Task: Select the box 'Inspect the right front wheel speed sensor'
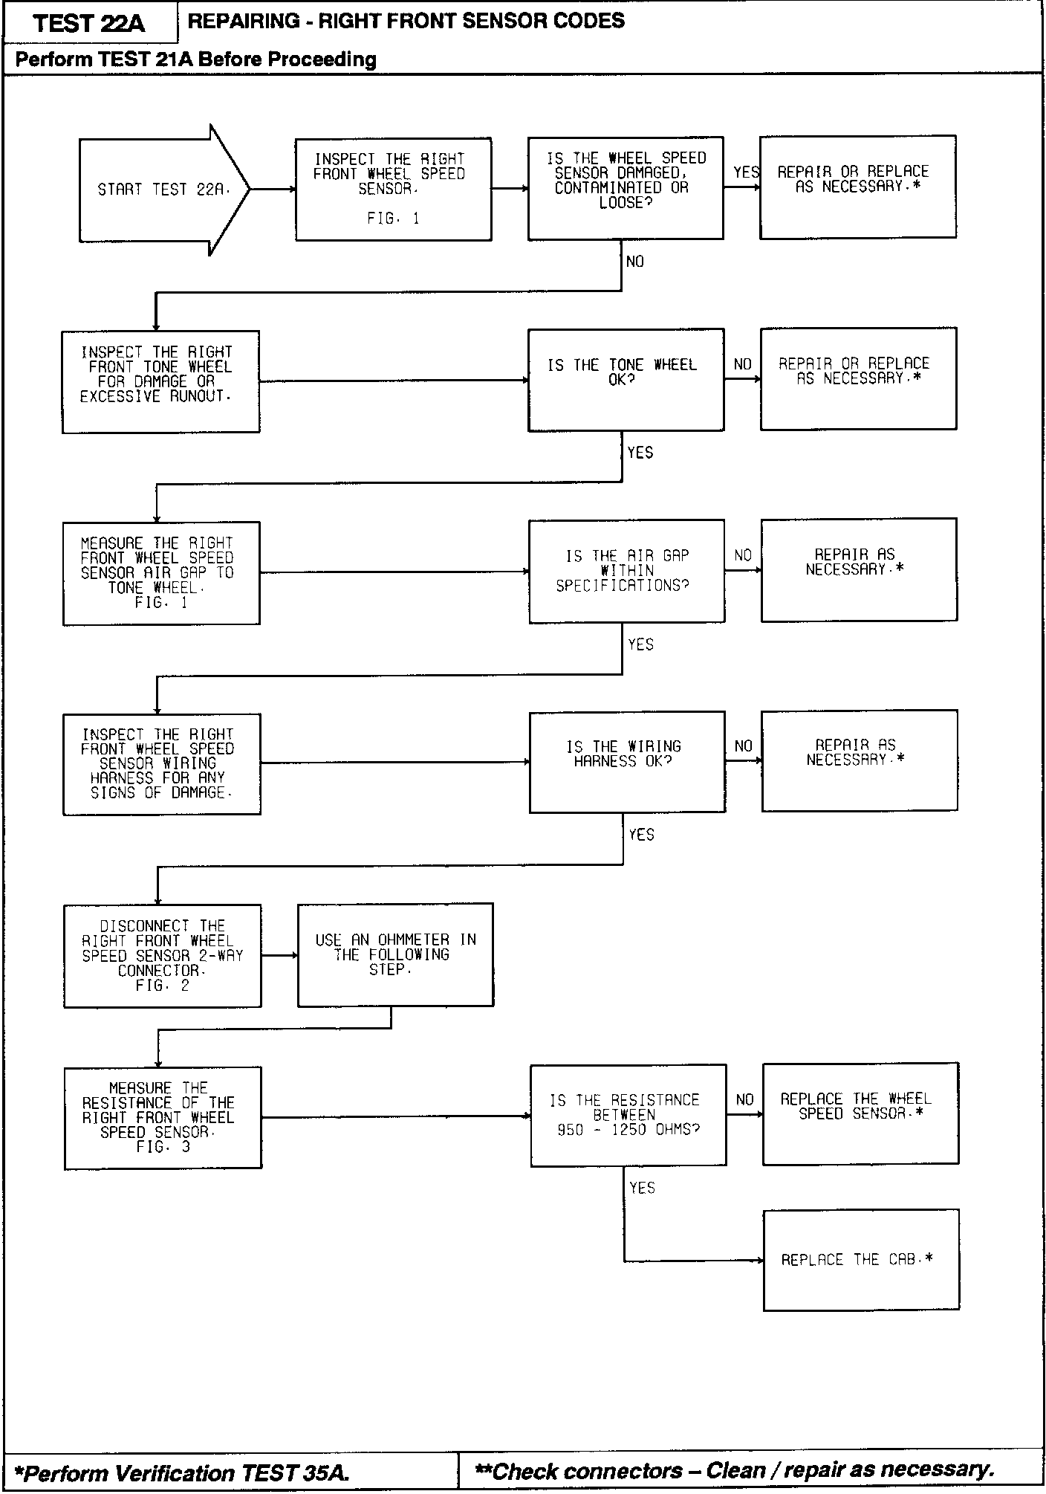(x=393, y=189)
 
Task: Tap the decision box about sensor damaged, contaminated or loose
(x=626, y=188)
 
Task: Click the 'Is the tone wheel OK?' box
(x=626, y=380)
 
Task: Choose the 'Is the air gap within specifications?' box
(x=626, y=571)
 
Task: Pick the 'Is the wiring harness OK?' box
(x=627, y=762)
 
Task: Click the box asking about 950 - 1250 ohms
(x=628, y=1115)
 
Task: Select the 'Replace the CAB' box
(x=860, y=1260)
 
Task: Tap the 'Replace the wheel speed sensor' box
(x=860, y=1113)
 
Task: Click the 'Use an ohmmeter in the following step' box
(x=395, y=955)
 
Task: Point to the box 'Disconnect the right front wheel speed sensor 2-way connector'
(x=162, y=956)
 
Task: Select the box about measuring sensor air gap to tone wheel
(x=161, y=573)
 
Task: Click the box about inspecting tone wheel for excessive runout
(x=160, y=382)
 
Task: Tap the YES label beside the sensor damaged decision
(x=745, y=172)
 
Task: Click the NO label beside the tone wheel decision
(x=743, y=364)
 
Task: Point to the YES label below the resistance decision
(x=642, y=1188)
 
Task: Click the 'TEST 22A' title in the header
(x=90, y=24)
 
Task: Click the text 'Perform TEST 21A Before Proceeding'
(x=196, y=59)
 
